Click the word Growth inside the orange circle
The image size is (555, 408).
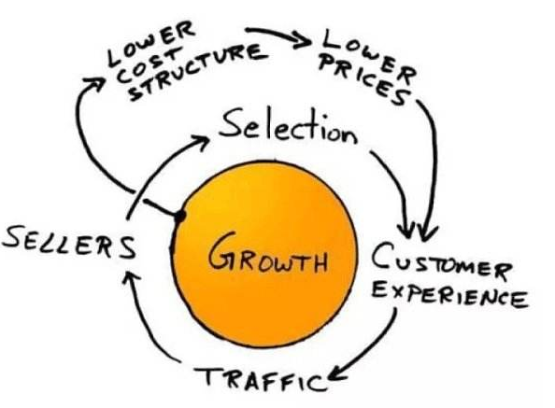267,254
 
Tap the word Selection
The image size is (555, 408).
288,128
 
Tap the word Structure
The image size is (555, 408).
197,72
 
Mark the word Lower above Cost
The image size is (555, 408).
151,43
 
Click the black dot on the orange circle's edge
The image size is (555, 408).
179,216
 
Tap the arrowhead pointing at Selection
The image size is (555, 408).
202,141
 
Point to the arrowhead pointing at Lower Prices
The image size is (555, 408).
302,39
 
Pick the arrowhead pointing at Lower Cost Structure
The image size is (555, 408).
95,84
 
